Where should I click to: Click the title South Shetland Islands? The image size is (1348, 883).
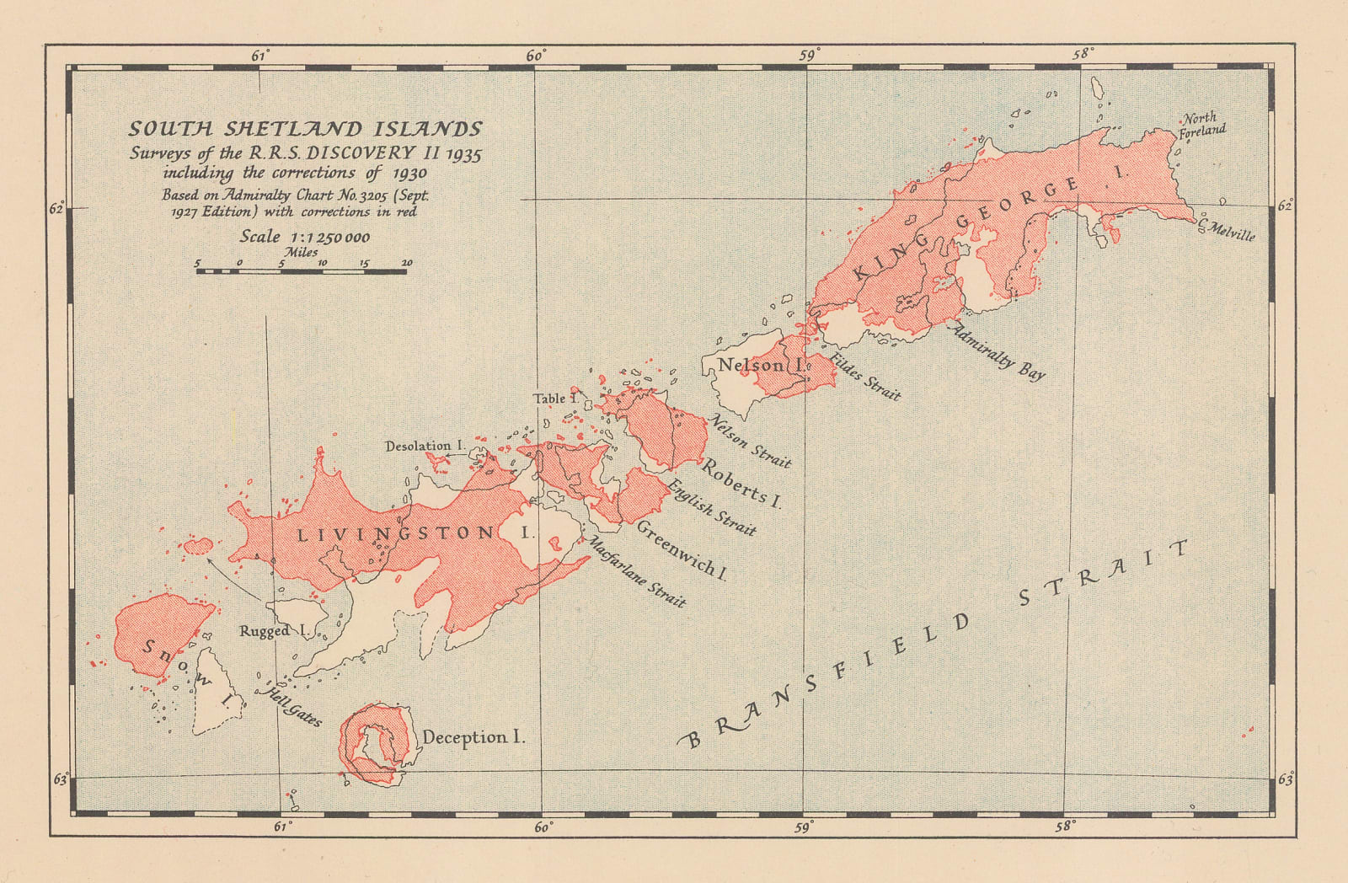[x=305, y=129]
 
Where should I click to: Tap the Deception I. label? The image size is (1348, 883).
[x=473, y=737]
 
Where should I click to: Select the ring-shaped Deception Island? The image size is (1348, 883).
[x=379, y=741]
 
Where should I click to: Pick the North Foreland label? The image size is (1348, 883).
[x=1201, y=125]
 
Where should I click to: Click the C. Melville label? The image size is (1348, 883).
[x=1228, y=229]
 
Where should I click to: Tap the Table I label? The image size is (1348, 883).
[x=554, y=398]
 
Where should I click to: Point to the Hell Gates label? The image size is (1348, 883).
[x=293, y=706]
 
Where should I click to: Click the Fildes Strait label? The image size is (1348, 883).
[x=865, y=377]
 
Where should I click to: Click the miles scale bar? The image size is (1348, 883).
[x=302, y=270]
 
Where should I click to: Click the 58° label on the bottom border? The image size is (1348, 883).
[x=1065, y=827]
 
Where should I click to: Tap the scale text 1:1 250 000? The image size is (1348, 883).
[x=305, y=237]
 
